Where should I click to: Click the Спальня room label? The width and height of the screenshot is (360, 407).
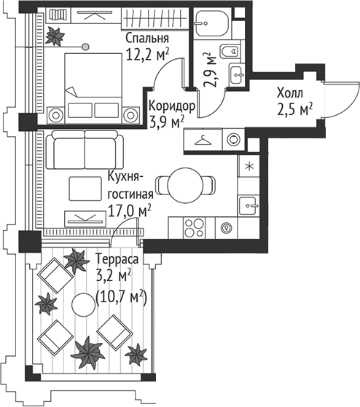pyautogui.click(x=147, y=39)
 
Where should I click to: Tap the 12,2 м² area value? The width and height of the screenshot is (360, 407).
pyautogui.click(x=147, y=54)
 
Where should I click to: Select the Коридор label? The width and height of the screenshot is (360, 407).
pyautogui.click(x=172, y=106)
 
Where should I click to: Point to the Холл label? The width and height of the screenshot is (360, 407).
pyautogui.click(x=289, y=93)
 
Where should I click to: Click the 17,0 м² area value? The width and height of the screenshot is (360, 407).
pyautogui.click(x=129, y=211)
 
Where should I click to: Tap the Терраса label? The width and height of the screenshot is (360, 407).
pyautogui.click(x=117, y=260)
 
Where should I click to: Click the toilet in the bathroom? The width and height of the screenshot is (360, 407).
pyautogui.click(x=232, y=51)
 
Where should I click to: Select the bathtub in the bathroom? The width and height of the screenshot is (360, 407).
pyautogui.click(x=211, y=23)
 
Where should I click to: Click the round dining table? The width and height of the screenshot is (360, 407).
pyautogui.click(x=185, y=185)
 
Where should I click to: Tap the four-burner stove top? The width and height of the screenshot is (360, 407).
pyautogui.click(x=194, y=228)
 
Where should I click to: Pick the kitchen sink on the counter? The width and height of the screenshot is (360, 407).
pyautogui.click(x=249, y=205)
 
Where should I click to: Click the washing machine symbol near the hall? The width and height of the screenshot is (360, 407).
pyautogui.click(x=233, y=139)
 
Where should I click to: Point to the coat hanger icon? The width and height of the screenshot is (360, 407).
pyautogui.click(x=203, y=141)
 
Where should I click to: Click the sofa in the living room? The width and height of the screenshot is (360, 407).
pyautogui.click(x=85, y=150)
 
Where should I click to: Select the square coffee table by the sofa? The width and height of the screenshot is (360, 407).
pyautogui.click(x=85, y=189)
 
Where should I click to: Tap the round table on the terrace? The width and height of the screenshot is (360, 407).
pyautogui.click(x=84, y=304)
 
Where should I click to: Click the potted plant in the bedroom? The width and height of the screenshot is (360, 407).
pyautogui.click(x=55, y=36)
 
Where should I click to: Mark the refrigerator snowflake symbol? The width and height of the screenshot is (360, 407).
pyautogui.click(x=250, y=167)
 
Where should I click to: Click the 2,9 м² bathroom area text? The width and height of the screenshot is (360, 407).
pyautogui.click(x=210, y=70)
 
